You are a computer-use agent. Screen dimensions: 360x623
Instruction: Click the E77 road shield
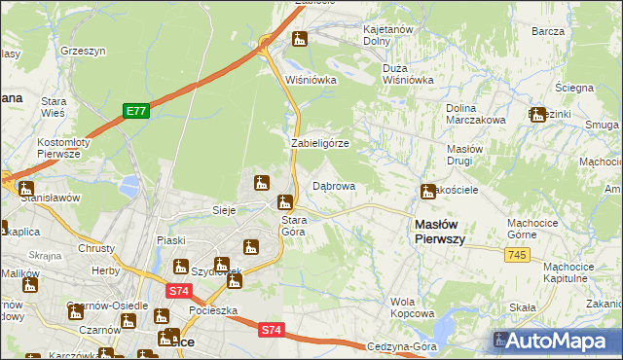(135, 112)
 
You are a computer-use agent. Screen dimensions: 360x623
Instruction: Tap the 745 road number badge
(518, 254)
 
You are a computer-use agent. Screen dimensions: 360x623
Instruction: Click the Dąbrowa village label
(333, 185)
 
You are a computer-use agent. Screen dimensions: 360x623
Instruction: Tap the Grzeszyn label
(83, 49)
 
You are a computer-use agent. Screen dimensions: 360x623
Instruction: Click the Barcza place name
(548, 31)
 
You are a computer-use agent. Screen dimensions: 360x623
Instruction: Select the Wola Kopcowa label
(412, 307)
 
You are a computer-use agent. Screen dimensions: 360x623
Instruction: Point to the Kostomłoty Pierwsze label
(63, 148)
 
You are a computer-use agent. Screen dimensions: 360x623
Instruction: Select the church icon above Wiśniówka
(300, 40)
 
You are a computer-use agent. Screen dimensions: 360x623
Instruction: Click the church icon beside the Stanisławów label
(26, 189)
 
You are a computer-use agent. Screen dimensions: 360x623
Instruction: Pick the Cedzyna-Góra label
(400, 346)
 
